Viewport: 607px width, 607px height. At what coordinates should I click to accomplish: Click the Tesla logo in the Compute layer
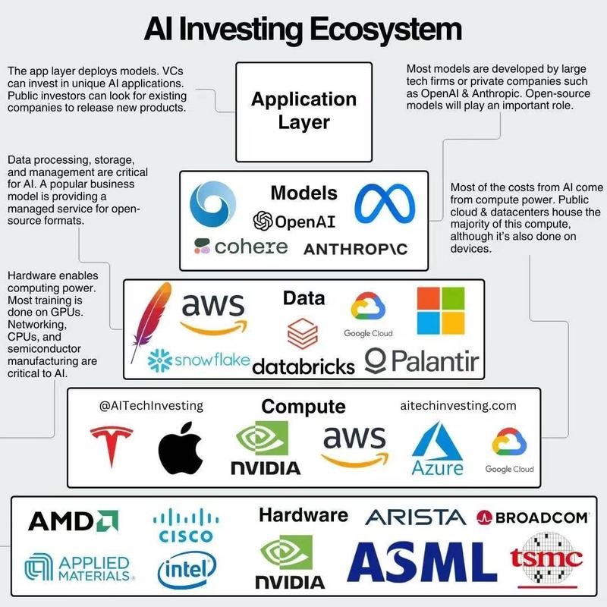pos(112,446)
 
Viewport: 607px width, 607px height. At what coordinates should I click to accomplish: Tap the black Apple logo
pos(181,448)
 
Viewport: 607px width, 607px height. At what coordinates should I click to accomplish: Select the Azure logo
pos(438,449)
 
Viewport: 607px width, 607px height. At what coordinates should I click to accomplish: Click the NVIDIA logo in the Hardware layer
pos(290,561)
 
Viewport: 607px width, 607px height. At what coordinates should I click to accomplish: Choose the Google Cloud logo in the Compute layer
pos(509,451)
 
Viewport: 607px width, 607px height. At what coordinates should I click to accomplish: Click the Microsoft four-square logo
pos(441,310)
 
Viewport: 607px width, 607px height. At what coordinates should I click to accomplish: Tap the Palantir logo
pos(422,361)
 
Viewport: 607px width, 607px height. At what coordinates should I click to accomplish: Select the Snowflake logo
pos(199,360)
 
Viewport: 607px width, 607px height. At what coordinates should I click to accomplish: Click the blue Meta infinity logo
pos(385,203)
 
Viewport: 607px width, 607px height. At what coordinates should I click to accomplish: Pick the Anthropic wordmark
pos(355,249)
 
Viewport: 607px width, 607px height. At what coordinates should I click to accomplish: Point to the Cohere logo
pos(241,247)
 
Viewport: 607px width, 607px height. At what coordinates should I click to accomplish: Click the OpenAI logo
pos(294,222)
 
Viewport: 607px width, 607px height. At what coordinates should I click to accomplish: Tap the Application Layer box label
pos(304,111)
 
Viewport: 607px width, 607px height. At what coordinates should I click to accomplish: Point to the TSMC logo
pos(546,560)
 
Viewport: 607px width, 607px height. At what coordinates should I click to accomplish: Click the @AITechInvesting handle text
pos(151,406)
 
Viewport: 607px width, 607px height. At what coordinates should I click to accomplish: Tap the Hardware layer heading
pos(303,515)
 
